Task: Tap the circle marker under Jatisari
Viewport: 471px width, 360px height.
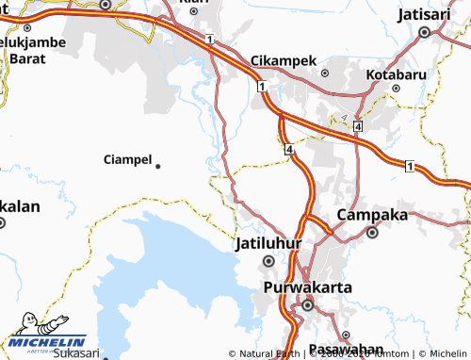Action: pos(425,32)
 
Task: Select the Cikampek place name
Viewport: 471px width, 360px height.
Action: pos(284,60)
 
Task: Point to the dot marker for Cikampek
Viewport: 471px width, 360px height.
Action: pos(325,72)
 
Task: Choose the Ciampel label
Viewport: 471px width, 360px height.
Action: pos(127,159)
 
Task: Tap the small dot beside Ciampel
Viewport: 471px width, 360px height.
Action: pos(157,166)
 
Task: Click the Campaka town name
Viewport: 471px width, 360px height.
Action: pos(372,215)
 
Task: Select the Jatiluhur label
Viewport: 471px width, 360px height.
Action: pos(268,243)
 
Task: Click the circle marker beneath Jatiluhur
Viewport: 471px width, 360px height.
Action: pos(268,260)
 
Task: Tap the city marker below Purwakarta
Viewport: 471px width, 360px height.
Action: pos(307,304)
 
